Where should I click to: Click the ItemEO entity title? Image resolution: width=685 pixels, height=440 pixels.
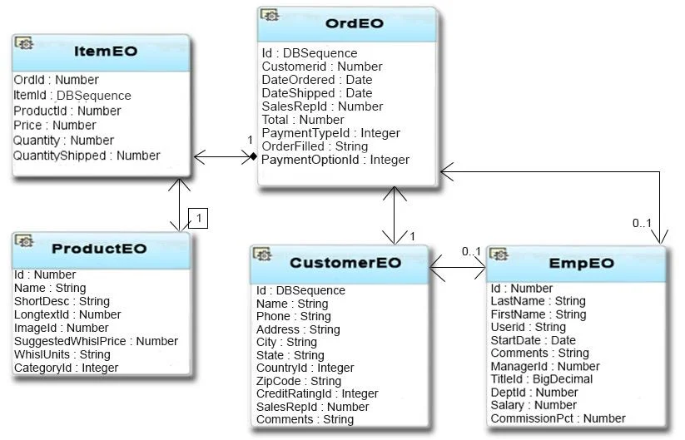click(106, 51)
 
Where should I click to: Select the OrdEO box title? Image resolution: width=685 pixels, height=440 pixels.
click(355, 23)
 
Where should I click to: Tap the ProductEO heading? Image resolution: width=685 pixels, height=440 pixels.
click(99, 249)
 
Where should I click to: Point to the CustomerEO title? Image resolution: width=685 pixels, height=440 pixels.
click(345, 263)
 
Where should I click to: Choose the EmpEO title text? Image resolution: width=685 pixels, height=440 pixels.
click(582, 263)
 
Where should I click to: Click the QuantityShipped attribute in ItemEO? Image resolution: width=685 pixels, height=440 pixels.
click(87, 156)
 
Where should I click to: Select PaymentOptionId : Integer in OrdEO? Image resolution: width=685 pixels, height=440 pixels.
click(335, 160)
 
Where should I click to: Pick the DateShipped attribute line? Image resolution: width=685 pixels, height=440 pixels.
click(317, 93)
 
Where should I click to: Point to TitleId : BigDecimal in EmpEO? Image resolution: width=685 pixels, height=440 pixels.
click(542, 379)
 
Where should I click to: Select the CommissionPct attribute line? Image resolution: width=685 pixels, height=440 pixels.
click(558, 418)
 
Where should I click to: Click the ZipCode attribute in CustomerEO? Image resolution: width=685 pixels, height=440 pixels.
click(298, 381)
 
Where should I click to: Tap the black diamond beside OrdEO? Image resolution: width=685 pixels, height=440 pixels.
click(253, 156)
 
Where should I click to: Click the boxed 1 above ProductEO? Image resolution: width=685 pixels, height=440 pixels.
click(198, 218)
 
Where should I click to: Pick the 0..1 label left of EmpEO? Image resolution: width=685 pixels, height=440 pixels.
click(471, 251)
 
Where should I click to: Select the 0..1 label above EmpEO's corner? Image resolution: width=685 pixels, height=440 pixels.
click(642, 223)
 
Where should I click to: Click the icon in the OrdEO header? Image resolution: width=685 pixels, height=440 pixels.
click(270, 15)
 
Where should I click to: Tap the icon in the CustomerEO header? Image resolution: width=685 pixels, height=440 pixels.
click(262, 254)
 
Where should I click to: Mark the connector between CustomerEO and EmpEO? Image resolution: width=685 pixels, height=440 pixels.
click(458, 268)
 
